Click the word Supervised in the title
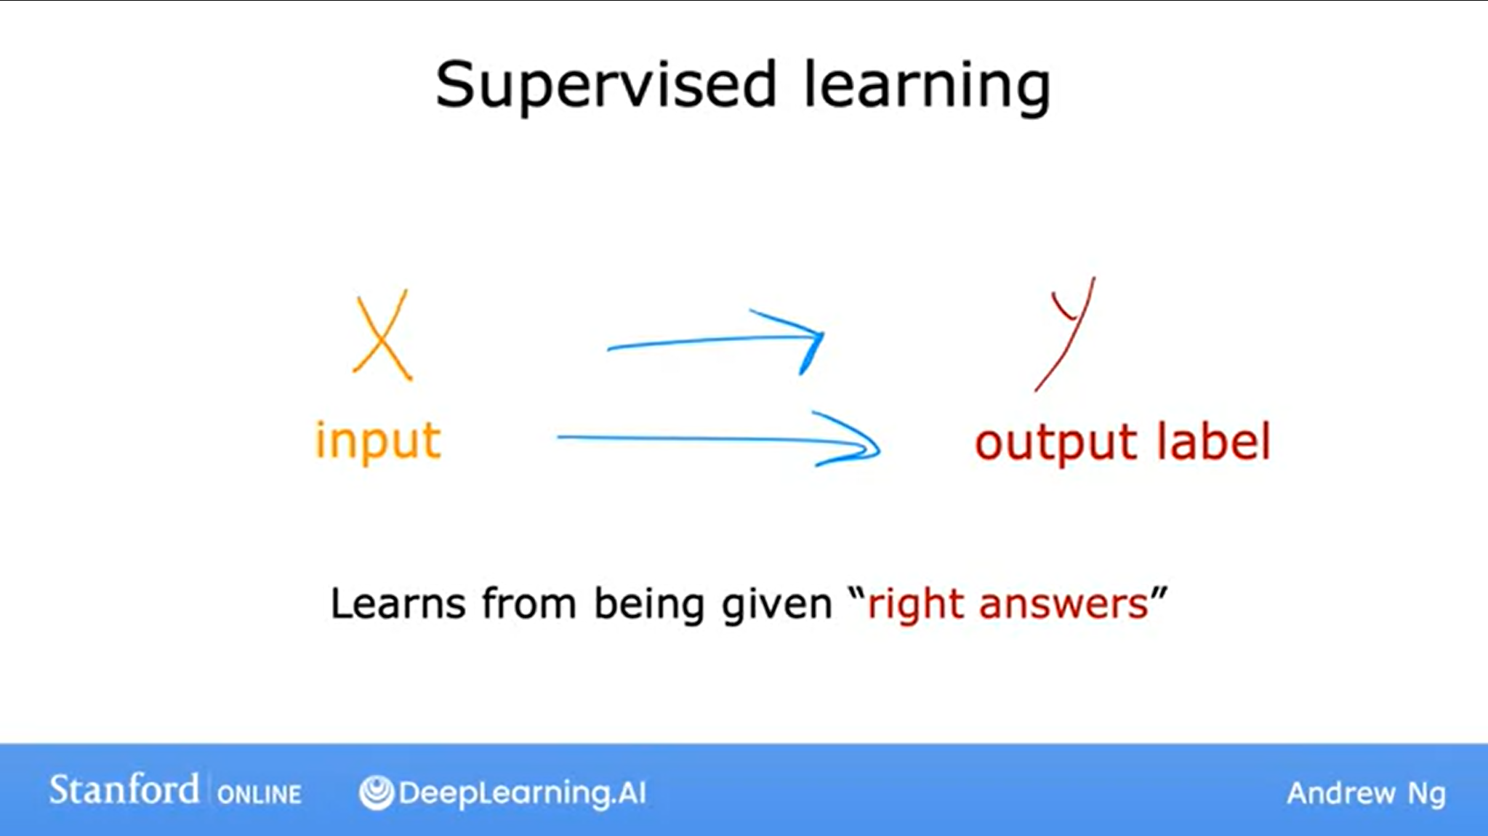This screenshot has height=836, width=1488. pyautogui.click(x=606, y=86)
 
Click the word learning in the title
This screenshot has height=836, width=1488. pyautogui.click(x=927, y=86)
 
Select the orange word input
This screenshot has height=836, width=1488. pyautogui.click(x=378, y=441)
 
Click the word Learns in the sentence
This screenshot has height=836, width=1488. pyautogui.click(x=398, y=603)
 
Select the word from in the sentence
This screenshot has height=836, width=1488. pyautogui.click(x=529, y=603)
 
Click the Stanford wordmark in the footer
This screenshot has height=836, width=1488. pyautogui.click(x=124, y=789)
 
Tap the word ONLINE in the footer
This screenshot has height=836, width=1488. pyautogui.click(x=259, y=794)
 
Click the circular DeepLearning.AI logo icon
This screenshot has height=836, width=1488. pyautogui.click(x=377, y=792)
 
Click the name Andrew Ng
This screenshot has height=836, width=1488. pyautogui.click(x=1366, y=793)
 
